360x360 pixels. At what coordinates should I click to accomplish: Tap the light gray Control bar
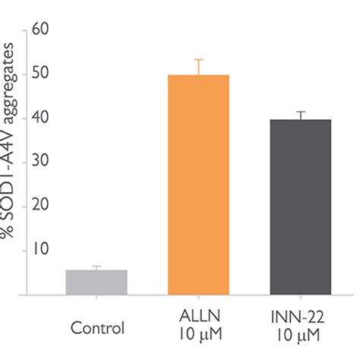coord(96,283)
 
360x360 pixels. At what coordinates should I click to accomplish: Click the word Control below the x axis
coord(96,329)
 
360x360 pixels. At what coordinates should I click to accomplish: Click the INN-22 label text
coord(300,317)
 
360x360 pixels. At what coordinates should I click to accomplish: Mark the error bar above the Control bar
coord(96,267)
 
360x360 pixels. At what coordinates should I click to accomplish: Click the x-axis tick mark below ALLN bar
coord(198,298)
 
